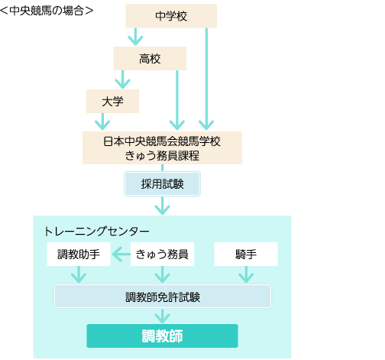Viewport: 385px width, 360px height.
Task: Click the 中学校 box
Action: (171, 16)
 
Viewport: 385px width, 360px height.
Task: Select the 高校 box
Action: (150, 58)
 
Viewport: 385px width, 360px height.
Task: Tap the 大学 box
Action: (112, 101)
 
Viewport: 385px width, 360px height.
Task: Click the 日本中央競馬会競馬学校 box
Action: (162, 148)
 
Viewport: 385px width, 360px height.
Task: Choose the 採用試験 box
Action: (162, 184)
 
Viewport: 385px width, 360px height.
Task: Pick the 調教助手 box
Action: (79, 254)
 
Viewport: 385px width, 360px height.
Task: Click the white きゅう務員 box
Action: (162, 254)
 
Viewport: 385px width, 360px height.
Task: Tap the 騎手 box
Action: (246, 254)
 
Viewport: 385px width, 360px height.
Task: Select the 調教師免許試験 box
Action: (163, 297)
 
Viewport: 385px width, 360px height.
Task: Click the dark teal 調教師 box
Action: (162, 336)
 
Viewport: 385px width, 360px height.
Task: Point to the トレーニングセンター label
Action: (97, 232)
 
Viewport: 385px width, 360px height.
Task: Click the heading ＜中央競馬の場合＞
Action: (47, 11)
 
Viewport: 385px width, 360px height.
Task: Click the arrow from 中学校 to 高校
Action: (135, 37)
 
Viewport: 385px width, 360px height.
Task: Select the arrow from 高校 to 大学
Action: (122, 79)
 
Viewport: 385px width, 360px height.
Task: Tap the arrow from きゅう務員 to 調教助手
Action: (121, 254)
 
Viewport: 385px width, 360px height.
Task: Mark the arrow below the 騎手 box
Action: (246, 274)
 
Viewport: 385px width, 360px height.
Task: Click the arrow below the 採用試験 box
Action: (162, 206)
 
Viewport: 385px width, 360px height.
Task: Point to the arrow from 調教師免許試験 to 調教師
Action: (162, 316)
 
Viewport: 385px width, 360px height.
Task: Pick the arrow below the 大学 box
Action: (102, 122)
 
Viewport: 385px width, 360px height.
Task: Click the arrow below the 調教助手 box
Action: (79, 274)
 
